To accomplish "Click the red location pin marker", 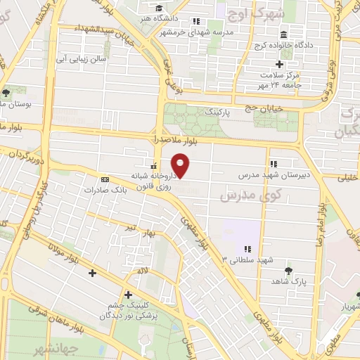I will coord(181,166).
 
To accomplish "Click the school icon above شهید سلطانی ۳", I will coord(247,248).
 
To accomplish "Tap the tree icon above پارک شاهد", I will coord(288,271).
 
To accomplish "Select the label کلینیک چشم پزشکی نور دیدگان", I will coord(126,310).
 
